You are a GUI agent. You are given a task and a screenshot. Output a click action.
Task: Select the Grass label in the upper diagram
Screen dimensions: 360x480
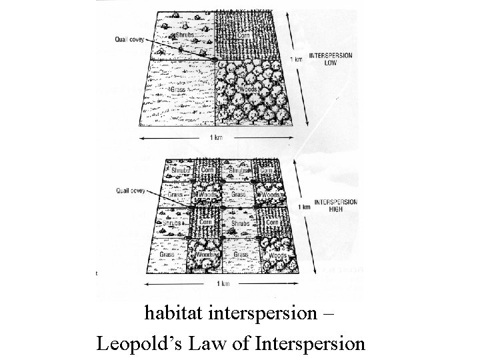[177, 89]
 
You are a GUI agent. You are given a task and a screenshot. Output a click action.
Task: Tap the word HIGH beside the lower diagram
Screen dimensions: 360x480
[335, 207]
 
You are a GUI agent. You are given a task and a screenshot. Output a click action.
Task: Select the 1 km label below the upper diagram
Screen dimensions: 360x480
[215, 137]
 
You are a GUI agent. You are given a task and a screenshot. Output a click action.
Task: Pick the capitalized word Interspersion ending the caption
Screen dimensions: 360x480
[309, 344]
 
